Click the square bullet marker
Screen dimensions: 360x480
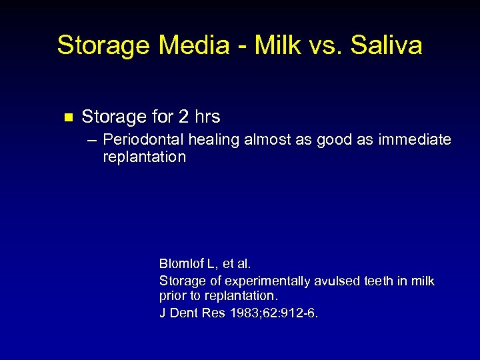[x=66, y=117]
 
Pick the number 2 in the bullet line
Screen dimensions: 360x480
[x=183, y=117]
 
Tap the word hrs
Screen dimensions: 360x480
[x=207, y=117]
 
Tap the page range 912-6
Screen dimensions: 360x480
[x=301, y=312]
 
